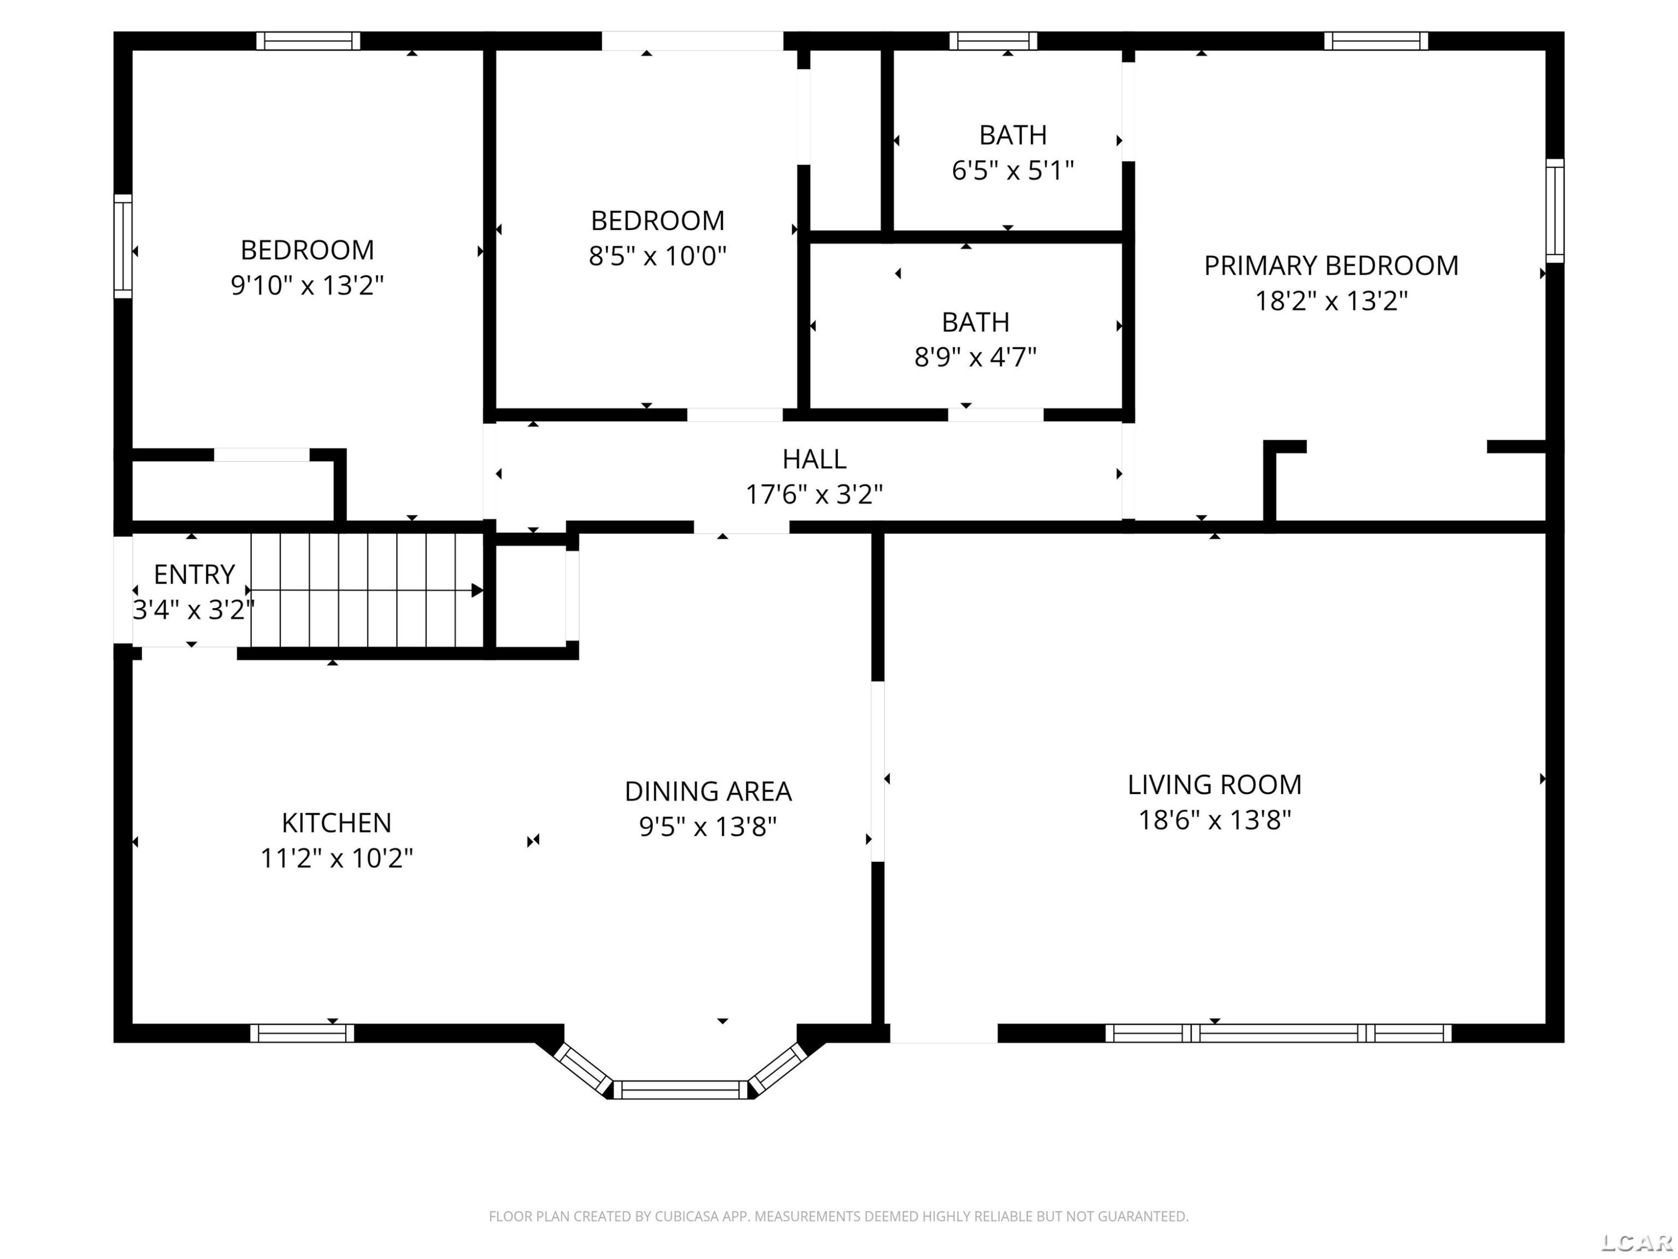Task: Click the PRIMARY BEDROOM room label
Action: [x=1331, y=266]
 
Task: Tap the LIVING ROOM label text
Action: [x=1214, y=784]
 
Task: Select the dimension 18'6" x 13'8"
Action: [x=1214, y=820]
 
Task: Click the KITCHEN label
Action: [x=336, y=823]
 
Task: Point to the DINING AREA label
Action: [x=708, y=792]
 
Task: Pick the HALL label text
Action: [x=814, y=459]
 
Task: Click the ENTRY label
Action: [x=194, y=575]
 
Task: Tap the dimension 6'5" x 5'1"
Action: [x=1013, y=171]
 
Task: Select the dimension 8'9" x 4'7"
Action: [x=975, y=356]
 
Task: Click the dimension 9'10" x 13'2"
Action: [x=307, y=285]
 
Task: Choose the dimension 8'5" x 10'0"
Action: [x=657, y=256]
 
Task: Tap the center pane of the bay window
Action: [x=681, y=1090]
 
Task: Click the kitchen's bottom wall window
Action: [x=302, y=1033]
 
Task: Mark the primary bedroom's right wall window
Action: [x=1554, y=211]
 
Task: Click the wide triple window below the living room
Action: [x=1278, y=1033]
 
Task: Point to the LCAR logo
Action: [x=1636, y=1242]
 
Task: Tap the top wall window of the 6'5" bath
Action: [x=993, y=41]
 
